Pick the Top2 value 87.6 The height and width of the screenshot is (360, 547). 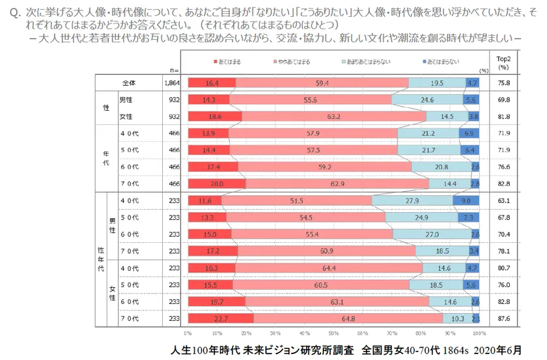click(503, 318)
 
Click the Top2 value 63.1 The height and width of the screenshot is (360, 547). click(503, 201)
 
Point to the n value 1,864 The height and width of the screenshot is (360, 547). click(173, 83)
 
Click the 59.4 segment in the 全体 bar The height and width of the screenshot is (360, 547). click(321, 83)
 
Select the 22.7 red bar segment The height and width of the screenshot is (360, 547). click(220, 318)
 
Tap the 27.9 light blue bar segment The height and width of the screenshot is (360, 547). click(412, 201)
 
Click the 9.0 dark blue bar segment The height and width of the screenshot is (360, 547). click(466, 201)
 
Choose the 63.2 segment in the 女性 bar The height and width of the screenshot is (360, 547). click(333, 116)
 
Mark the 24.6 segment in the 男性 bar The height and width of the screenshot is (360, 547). click(427, 100)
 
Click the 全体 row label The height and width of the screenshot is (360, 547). click(128, 83)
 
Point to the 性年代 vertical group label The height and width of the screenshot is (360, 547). click(101, 259)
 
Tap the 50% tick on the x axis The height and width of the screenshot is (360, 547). click(333, 333)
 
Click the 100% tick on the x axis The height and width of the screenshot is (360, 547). click(479, 333)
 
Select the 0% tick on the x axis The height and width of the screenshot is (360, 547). click(188, 333)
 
